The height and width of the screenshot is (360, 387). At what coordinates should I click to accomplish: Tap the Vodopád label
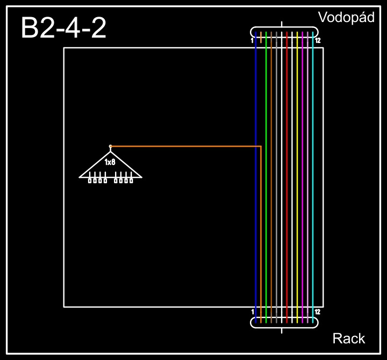[346, 17]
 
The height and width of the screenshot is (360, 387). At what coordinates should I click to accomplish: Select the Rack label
[349, 339]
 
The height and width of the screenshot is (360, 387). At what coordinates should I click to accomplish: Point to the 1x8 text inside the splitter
[110, 162]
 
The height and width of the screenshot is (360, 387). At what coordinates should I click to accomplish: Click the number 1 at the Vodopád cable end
[252, 40]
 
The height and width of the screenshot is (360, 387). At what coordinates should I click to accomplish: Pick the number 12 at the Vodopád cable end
[318, 40]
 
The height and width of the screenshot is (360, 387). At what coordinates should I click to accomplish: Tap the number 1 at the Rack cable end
[252, 312]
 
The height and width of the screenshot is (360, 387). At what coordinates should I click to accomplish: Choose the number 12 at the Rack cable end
[318, 312]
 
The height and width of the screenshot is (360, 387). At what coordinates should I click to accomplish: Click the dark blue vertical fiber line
[256, 215]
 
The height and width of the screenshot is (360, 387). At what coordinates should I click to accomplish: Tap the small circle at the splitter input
[110, 146]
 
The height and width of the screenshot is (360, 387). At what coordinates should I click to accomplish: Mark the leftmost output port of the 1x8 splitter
[90, 181]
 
